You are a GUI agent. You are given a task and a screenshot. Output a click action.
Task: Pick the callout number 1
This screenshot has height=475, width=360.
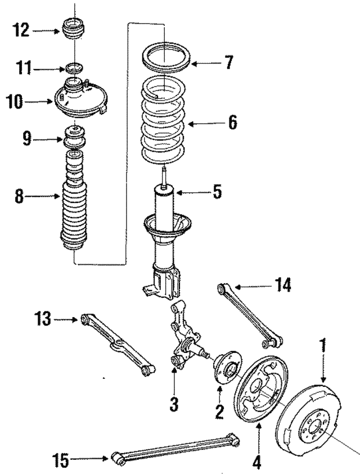tap(323, 344)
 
